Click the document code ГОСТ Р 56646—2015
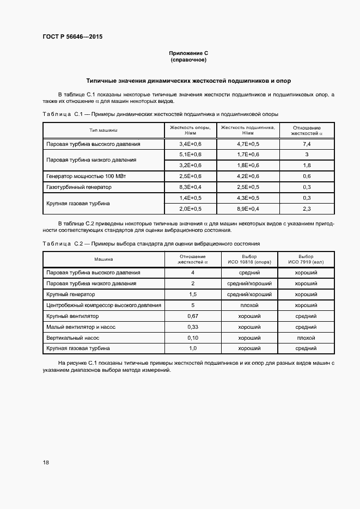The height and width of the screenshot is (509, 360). tap(72, 37)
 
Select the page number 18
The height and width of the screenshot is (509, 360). tap(46, 462)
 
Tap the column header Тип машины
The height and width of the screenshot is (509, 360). tap(103, 130)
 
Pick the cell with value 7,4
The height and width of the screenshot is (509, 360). tap(307, 144)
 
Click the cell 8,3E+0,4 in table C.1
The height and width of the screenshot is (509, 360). tap(190, 187)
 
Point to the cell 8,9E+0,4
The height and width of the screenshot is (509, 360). tap(248, 208)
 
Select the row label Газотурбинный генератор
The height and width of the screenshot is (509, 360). tap(79, 187)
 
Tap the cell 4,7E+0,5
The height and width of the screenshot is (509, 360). tap(248, 144)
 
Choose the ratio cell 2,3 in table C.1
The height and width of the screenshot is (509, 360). tap(307, 208)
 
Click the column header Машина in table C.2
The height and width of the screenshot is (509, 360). tap(103, 259)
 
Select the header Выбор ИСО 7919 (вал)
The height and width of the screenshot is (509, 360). tap(306, 259)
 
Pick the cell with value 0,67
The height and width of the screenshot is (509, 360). tap(192, 316)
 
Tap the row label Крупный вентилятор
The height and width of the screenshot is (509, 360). tap(73, 316)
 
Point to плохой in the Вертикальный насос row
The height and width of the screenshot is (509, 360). tap(306, 338)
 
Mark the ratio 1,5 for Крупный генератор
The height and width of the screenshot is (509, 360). tap(192, 294)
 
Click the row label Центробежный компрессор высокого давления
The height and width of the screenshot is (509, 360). tap(103, 305)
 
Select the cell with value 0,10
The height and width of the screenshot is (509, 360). tap(192, 338)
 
